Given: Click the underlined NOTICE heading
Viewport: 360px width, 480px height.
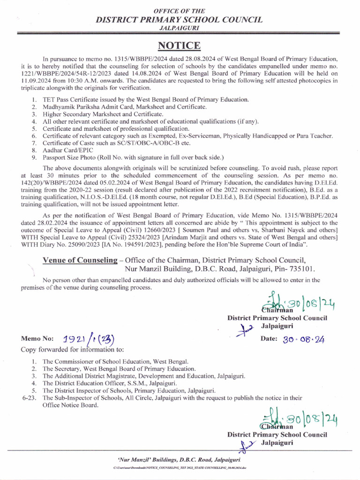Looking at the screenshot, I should click(179, 45).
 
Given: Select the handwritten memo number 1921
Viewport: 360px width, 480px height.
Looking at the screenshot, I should click(74, 339).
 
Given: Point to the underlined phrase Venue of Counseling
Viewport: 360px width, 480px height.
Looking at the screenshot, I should click(79, 261).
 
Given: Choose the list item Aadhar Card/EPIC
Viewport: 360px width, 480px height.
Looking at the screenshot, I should click(68, 150).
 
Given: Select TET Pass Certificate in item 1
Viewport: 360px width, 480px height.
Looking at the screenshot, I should click(75, 99).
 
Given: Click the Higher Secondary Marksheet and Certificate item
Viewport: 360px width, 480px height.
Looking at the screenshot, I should click(103, 114).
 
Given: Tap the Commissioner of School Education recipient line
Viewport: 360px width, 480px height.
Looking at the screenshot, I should click(115, 362).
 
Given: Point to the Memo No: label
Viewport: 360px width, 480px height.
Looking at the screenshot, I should click(37, 339).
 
